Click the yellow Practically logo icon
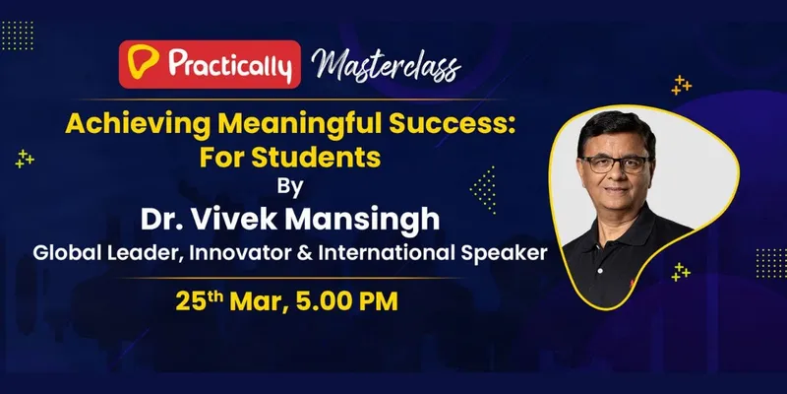pyautogui.click(x=143, y=62)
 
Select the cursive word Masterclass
pyautogui.click(x=386, y=65)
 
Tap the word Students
pyautogui.click(x=316, y=158)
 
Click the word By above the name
pyautogui.click(x=290, y=187)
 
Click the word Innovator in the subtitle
pyautogui.click(x=242, y=252)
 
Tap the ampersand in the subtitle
pyautogui.click(x=307, y=253)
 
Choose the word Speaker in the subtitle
pyautogui.click(x=504, y=253)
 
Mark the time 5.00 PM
pyautogui.click(x=347, y=301)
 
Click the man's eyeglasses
pyautogui.click(x=616, y=164)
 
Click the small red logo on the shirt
pyautogui.click(x=632, y=284)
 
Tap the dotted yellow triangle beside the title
pyautogui.click(x=483, y=190)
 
